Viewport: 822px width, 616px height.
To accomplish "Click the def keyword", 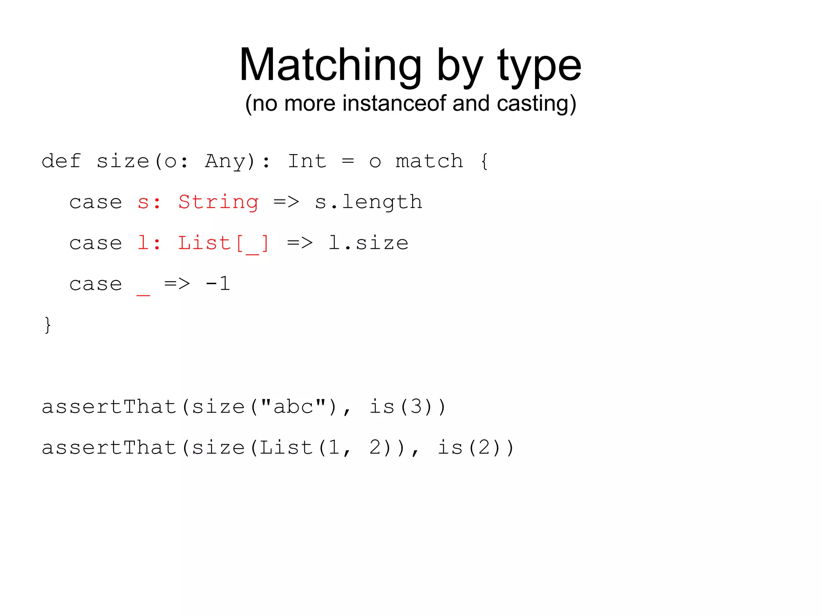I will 61,161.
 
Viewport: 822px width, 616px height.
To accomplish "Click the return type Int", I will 307,161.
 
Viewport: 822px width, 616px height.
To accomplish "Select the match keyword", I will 429,161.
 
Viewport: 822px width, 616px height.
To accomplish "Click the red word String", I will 218,202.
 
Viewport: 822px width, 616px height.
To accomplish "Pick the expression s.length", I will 368,202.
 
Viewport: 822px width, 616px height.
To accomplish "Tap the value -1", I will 218,284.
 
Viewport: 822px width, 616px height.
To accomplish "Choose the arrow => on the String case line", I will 286,202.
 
